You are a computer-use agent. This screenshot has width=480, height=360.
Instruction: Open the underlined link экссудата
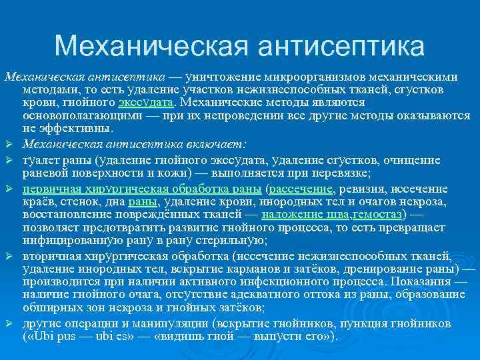pos(147,103)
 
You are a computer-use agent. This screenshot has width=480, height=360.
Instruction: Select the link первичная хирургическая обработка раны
pos(143,189)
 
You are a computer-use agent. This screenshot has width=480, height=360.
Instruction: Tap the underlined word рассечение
pos(299,189)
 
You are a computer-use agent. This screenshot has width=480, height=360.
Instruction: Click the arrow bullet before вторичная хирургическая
pos(9,257)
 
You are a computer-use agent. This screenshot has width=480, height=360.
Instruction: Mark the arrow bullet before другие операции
pos(9,323)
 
